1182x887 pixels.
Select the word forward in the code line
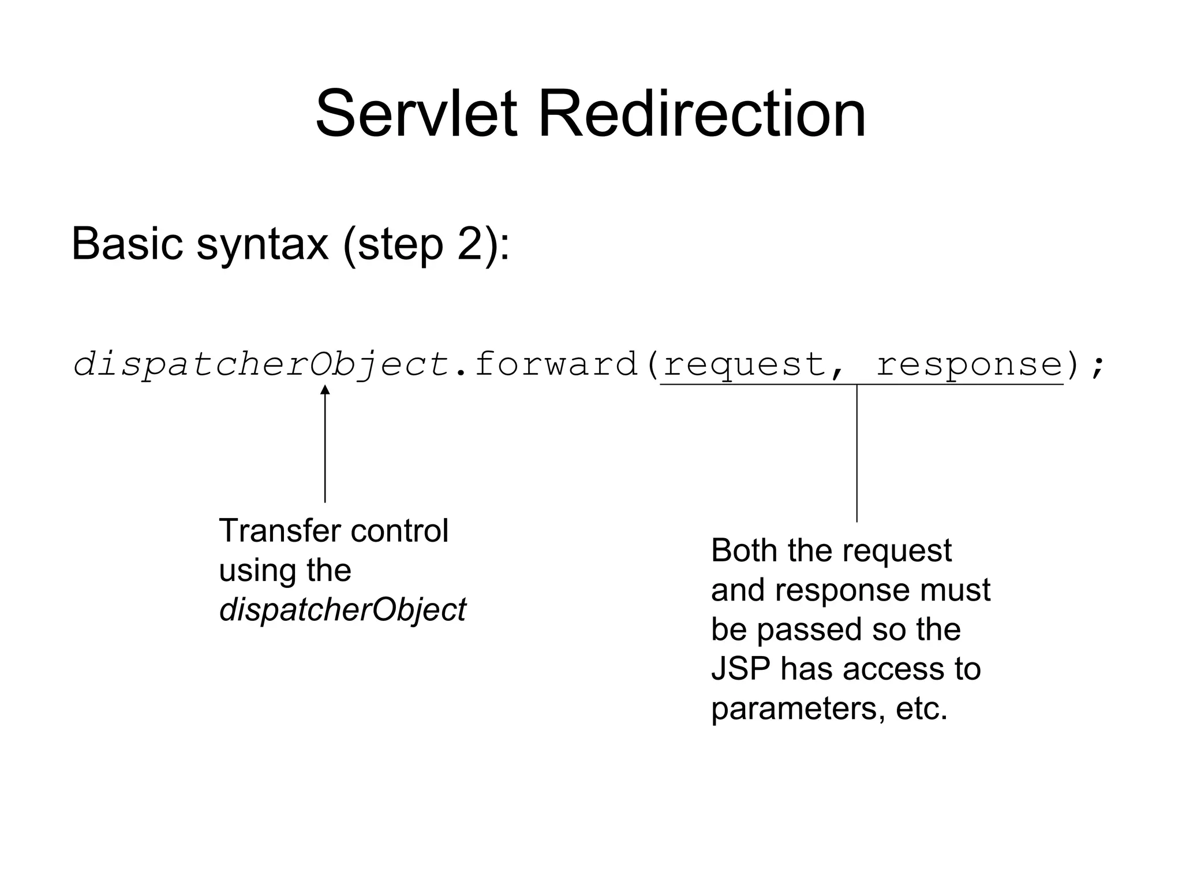pyautogui.click(x=555, y=364)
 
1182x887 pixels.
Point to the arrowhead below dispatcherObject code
pyautogui.click(x=325, y=390)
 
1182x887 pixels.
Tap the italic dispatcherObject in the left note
pyautogui.click(x=342, y=610)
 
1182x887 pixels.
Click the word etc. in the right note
pyautogui.click(x=921, y=708)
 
